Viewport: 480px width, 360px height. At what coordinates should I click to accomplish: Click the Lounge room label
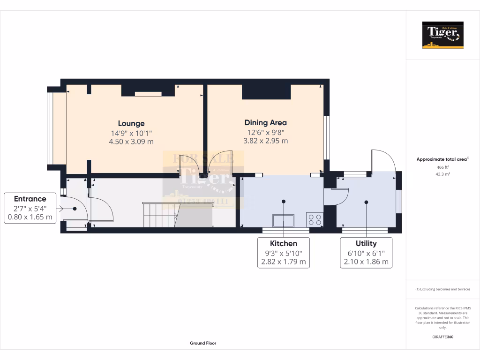tap(131, 124)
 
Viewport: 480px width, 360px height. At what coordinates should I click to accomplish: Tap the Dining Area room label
tap(265, 123)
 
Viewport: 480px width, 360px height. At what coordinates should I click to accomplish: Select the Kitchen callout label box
tap(283, 252)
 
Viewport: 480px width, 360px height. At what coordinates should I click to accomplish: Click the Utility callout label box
tap(366, 252)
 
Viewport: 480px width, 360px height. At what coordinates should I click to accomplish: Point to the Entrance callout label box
tap(30, 208)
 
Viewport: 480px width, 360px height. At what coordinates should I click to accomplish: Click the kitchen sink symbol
tap(283, 220)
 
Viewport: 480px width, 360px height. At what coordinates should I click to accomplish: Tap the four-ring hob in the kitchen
tap(314, 219)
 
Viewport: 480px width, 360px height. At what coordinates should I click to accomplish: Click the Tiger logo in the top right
tap(442, 35)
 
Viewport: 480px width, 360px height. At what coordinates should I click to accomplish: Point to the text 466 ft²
tap(442, 167)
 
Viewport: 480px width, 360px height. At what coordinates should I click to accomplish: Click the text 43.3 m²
tap(442, 174)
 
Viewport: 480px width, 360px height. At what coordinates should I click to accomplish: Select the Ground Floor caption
tap(203, 343)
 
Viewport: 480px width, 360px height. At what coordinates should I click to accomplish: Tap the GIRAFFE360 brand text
tap(442, 337)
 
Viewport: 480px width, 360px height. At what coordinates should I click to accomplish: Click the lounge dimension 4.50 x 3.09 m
tap(131, 141)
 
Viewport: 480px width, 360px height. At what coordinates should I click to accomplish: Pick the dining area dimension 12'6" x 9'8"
tap(265, 132)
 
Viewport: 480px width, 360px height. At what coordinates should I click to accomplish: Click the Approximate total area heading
tap(442, 159)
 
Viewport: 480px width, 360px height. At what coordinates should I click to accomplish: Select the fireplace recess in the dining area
tap(266, 92)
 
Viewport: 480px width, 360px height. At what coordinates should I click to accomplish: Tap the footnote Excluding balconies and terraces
tap(442, 289)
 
